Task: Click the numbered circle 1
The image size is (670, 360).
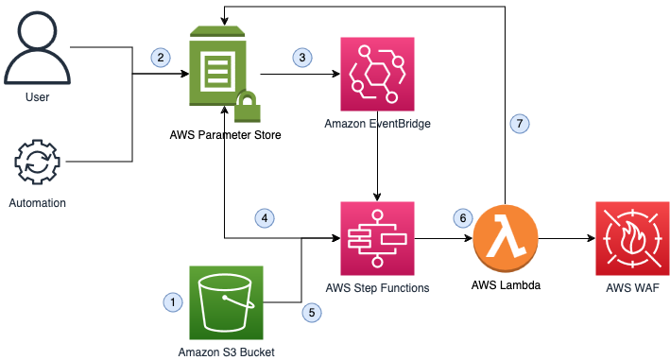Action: tap(172, 302)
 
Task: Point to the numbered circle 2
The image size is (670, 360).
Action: tap(162, 58)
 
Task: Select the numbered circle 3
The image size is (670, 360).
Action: tap(302, 58)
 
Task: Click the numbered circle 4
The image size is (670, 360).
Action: tap(266, 218)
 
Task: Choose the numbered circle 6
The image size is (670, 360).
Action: tap(462, 218)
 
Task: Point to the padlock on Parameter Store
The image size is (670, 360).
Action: tap(248, 109)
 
